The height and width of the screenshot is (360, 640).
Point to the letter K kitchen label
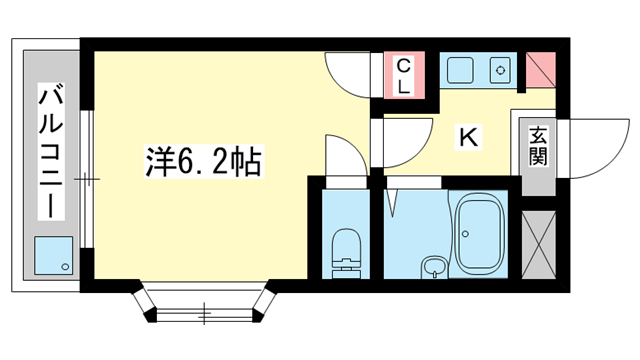pyautogui.click(x=467, y=138)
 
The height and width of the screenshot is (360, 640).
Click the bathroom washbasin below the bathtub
pyautogui.click(x=434, y=268)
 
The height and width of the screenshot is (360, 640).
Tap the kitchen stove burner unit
pyautogui.click(x=500, y=72)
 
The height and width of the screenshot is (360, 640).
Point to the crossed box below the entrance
pyautogui.click(x=538, y=243)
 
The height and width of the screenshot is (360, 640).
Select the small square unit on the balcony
pyautogui.click(x=53, y=256)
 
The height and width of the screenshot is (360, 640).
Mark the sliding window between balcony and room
pyautogui.click(x=87, y=180)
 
